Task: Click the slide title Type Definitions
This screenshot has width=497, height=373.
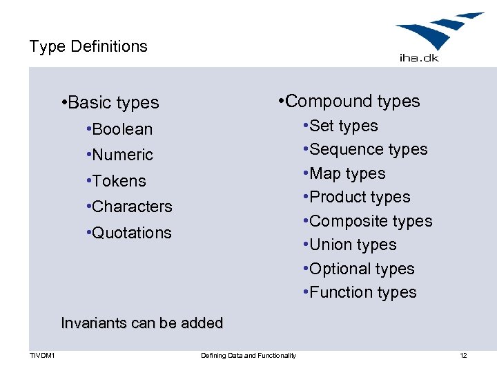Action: pos(88,47)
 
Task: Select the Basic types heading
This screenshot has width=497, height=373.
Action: pos(110,103)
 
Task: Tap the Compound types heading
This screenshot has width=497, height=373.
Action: pos(349,102)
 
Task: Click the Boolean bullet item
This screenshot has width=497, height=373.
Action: pos(119,129)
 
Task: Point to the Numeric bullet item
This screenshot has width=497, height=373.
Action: pos(119,155)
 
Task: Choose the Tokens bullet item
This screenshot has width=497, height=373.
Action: pos(116,181)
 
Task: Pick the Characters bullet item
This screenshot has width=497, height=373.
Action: pos(129,207)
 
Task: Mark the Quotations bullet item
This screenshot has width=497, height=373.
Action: pos(128,233)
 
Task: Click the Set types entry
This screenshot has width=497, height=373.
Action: pos(340,126)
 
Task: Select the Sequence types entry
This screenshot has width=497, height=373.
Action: pos(365,150)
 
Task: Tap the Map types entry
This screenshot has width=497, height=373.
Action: pos(344,173)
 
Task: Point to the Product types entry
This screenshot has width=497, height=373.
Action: pos(356,198)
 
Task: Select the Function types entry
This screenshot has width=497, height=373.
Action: pos(360,293)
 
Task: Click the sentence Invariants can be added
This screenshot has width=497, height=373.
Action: pos(142,323)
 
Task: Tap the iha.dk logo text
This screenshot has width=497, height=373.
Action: pos(419,57)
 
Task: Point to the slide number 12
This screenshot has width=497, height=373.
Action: pos(463,356)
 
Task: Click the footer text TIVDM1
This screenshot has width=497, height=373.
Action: pos(42,356)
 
